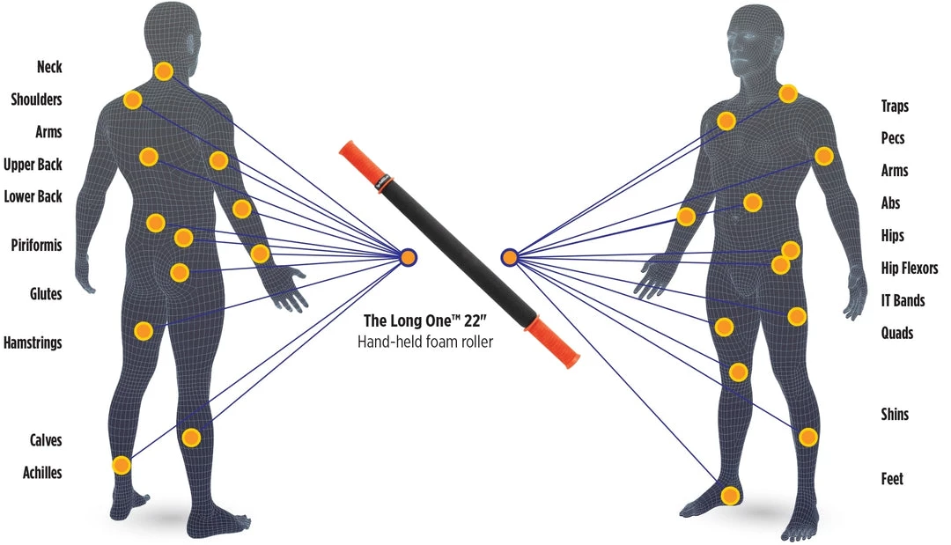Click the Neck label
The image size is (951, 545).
point(49,67)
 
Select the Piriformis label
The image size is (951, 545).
point(36,245)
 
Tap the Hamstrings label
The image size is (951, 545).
point(33,342)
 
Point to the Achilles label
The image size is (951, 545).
point(42,473)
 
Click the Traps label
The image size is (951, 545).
point(895,107)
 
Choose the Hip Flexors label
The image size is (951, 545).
point(910,269)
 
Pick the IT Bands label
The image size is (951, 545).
point(903,301)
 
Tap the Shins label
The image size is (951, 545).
point(895,415)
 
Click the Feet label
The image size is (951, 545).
point(892,479)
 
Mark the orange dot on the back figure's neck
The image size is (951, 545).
point(163,71)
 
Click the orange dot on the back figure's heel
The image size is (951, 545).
point(122,465)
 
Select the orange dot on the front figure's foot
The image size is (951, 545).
point(729,496)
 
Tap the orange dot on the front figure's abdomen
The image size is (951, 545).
point(752,203)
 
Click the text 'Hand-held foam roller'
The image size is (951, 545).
point(425,342)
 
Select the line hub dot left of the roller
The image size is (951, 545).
point(409,257)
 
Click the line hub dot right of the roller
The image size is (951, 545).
point(509,257)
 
